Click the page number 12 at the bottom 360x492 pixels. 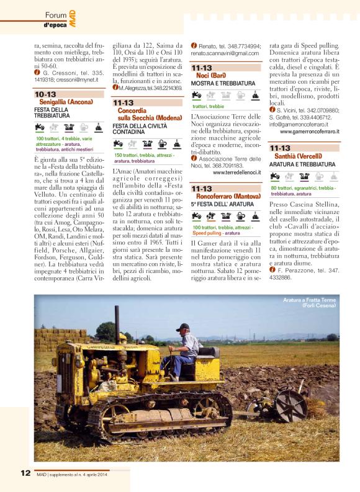tap(25, 473)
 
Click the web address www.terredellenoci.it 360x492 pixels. tap(236, 172)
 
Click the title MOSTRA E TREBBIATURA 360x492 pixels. tap(222, 83)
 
